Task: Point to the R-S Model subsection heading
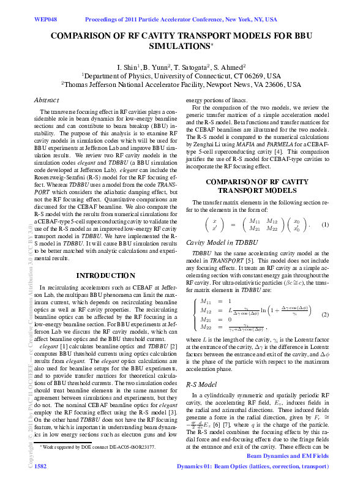coord(201,385)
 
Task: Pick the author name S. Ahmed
coord(231,66)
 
